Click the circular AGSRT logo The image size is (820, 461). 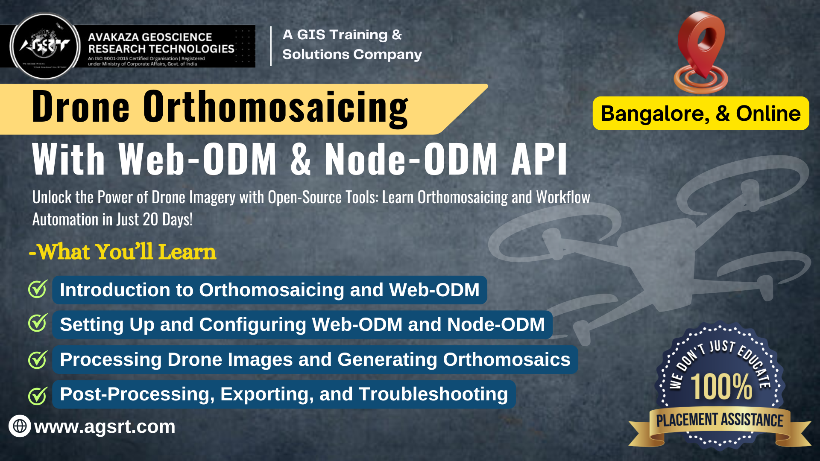(x=45, y=46)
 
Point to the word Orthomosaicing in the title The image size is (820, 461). (x=275, y=108)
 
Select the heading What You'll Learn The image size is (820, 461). (x=123, y=252)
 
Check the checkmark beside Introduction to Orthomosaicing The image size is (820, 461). (x=38, y=289)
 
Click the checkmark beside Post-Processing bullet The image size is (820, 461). (x=38, y=395)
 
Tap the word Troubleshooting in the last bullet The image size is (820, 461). (x=433, y=394)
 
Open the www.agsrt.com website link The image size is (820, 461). (x=105, y=426)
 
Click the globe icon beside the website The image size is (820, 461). (x=20, y=426)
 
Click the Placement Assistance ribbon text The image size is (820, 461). (x=720, y=420)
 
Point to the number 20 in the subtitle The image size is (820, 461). (x=150, y=220)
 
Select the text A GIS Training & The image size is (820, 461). (x=342, y=35)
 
